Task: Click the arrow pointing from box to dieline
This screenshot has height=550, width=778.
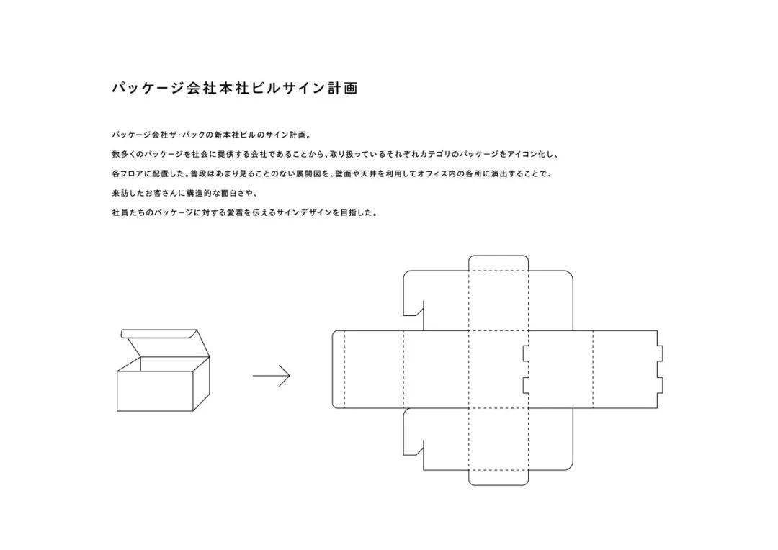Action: point(271,376)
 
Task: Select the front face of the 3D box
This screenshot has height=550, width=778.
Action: point(154,392)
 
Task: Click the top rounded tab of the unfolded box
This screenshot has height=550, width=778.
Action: point(498,263)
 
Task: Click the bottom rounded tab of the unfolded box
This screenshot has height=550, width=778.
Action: point(498,477)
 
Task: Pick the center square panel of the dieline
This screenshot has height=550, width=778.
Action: point(498,369)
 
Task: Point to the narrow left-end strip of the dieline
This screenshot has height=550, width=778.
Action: point(339,369)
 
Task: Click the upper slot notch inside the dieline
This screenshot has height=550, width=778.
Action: point(526,353)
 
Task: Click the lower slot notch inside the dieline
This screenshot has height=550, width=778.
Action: point(526,386)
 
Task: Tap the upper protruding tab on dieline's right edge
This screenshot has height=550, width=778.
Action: point(660,353)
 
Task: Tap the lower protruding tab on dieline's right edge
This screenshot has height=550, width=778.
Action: point(660,386)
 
